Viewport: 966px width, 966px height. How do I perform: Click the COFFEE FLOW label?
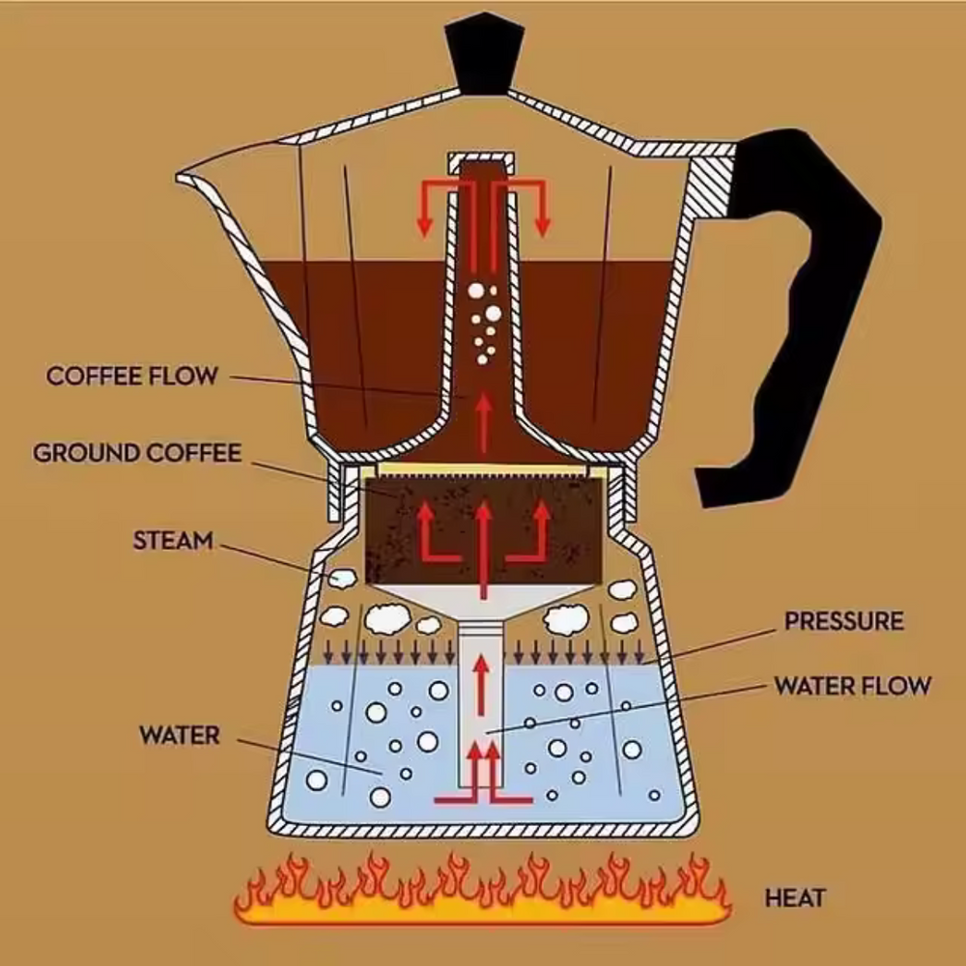131,376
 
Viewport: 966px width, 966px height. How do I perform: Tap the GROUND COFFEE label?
137,453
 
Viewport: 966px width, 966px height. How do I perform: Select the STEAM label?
173,540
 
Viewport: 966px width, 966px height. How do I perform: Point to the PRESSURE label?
844,621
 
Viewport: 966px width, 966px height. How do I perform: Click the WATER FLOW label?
853,686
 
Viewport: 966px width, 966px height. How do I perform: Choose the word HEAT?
795,898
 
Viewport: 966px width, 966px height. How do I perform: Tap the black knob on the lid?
484,54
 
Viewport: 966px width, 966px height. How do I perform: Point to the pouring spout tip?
180,178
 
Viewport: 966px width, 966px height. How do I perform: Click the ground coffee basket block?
484,529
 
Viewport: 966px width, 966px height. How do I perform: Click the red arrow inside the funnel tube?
482,685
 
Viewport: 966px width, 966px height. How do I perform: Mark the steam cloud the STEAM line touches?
342,578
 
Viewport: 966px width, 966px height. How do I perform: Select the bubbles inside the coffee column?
484,324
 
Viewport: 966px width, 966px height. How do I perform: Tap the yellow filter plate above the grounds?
484,470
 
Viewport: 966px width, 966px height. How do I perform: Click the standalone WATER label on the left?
180,735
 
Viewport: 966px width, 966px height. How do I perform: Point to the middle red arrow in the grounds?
484,549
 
